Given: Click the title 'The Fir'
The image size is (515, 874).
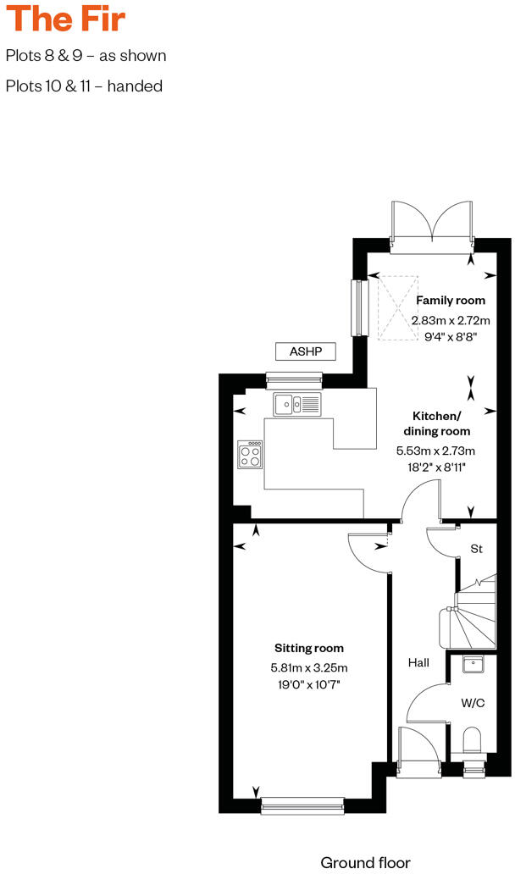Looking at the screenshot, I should click(65, 18).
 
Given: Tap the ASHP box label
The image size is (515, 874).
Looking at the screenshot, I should click(306, 351).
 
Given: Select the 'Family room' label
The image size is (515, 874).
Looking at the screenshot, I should click(450, 301).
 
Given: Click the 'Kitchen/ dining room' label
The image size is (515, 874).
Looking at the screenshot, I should click(436, 423).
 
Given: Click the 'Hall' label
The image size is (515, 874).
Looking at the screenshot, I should click(417, 663).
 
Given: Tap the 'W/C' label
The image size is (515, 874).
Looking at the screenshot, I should click(471, 702).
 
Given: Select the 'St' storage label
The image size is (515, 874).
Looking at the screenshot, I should click(476, 549).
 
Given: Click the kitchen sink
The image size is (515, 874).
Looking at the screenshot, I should click(296, 405).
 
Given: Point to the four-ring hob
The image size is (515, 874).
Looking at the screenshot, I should click(250, 456).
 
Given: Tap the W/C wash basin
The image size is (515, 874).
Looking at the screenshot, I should click(473, 665).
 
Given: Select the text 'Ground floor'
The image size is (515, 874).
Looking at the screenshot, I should click(365, 862).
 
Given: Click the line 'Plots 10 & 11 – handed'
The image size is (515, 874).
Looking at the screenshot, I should click(84, 86).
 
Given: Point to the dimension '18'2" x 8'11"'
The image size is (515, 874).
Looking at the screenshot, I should click(436, 467).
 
